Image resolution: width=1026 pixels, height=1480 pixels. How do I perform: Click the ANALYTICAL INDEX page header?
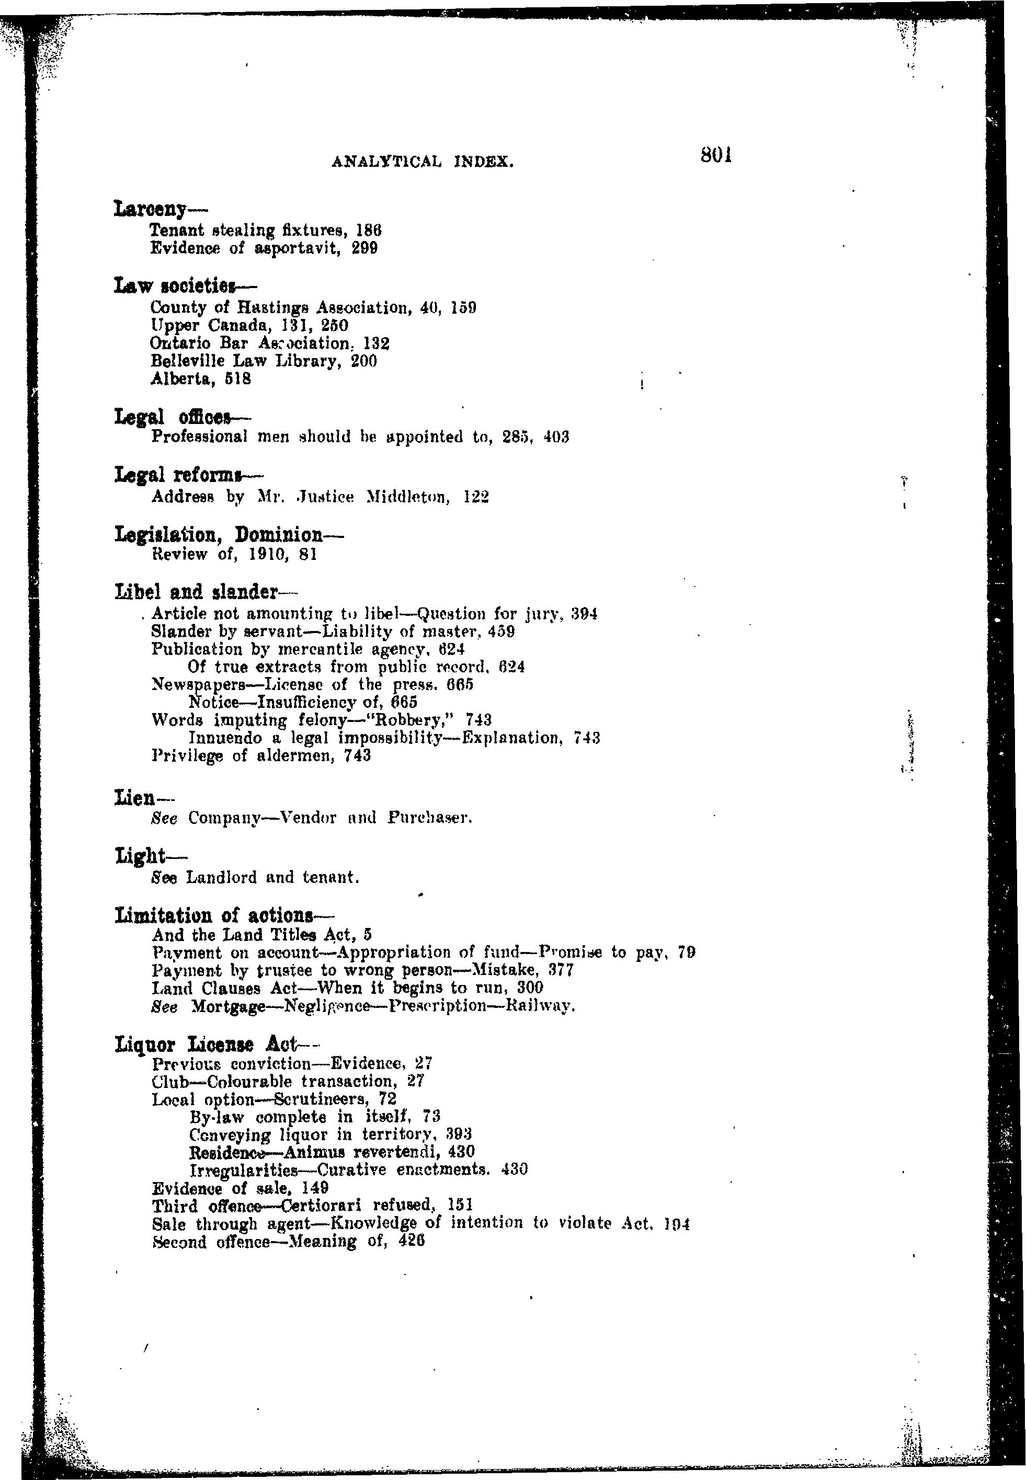[423, 163]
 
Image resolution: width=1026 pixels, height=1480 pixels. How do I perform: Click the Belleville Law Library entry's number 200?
[364, 361]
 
